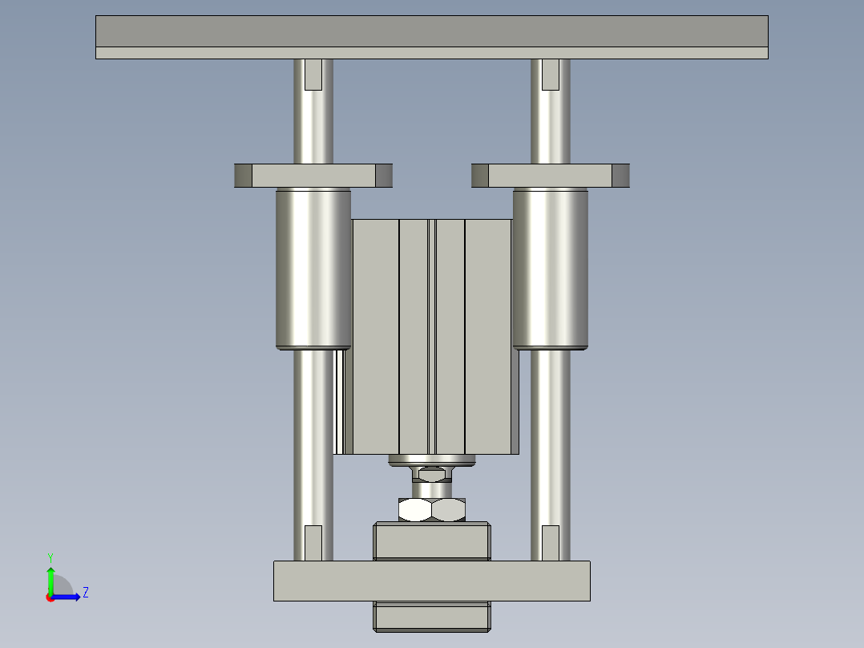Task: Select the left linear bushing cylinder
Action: (313, 269)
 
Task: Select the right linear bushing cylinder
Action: (551, 269)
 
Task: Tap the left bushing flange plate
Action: (313, 176)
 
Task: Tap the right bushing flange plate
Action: (551, 176)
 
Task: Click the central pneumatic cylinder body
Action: (433, 337)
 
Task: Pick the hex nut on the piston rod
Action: (432, 509)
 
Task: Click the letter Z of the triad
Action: (86, 593)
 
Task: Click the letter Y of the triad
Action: (50, 557)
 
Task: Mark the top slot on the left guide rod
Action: (313, 74)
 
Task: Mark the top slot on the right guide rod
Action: (551, 74)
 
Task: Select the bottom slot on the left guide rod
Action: (313, 543)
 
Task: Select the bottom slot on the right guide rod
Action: (551, 543)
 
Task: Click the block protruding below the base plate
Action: (431, 616)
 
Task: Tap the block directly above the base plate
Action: (431, 541)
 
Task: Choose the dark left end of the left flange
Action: (243, 176)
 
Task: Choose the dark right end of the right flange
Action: (621, 176)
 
